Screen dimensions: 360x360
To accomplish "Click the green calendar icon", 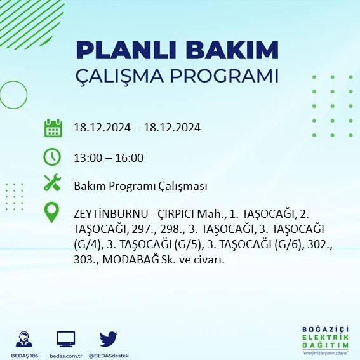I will tap(53, 128).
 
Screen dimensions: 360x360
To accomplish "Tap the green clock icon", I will tap(52, 156).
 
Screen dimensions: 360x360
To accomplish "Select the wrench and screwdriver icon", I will tap(52, 184).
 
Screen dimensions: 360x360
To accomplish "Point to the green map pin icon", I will tap(51, 212).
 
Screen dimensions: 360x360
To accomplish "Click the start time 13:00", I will tap(86, 158).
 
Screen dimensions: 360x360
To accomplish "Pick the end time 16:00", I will tap(130, 158).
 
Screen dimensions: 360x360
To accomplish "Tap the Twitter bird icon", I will tap(109, 338).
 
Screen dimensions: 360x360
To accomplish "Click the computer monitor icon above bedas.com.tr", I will tap(66, 339).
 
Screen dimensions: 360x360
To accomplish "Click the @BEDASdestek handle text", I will tap(109, 355).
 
